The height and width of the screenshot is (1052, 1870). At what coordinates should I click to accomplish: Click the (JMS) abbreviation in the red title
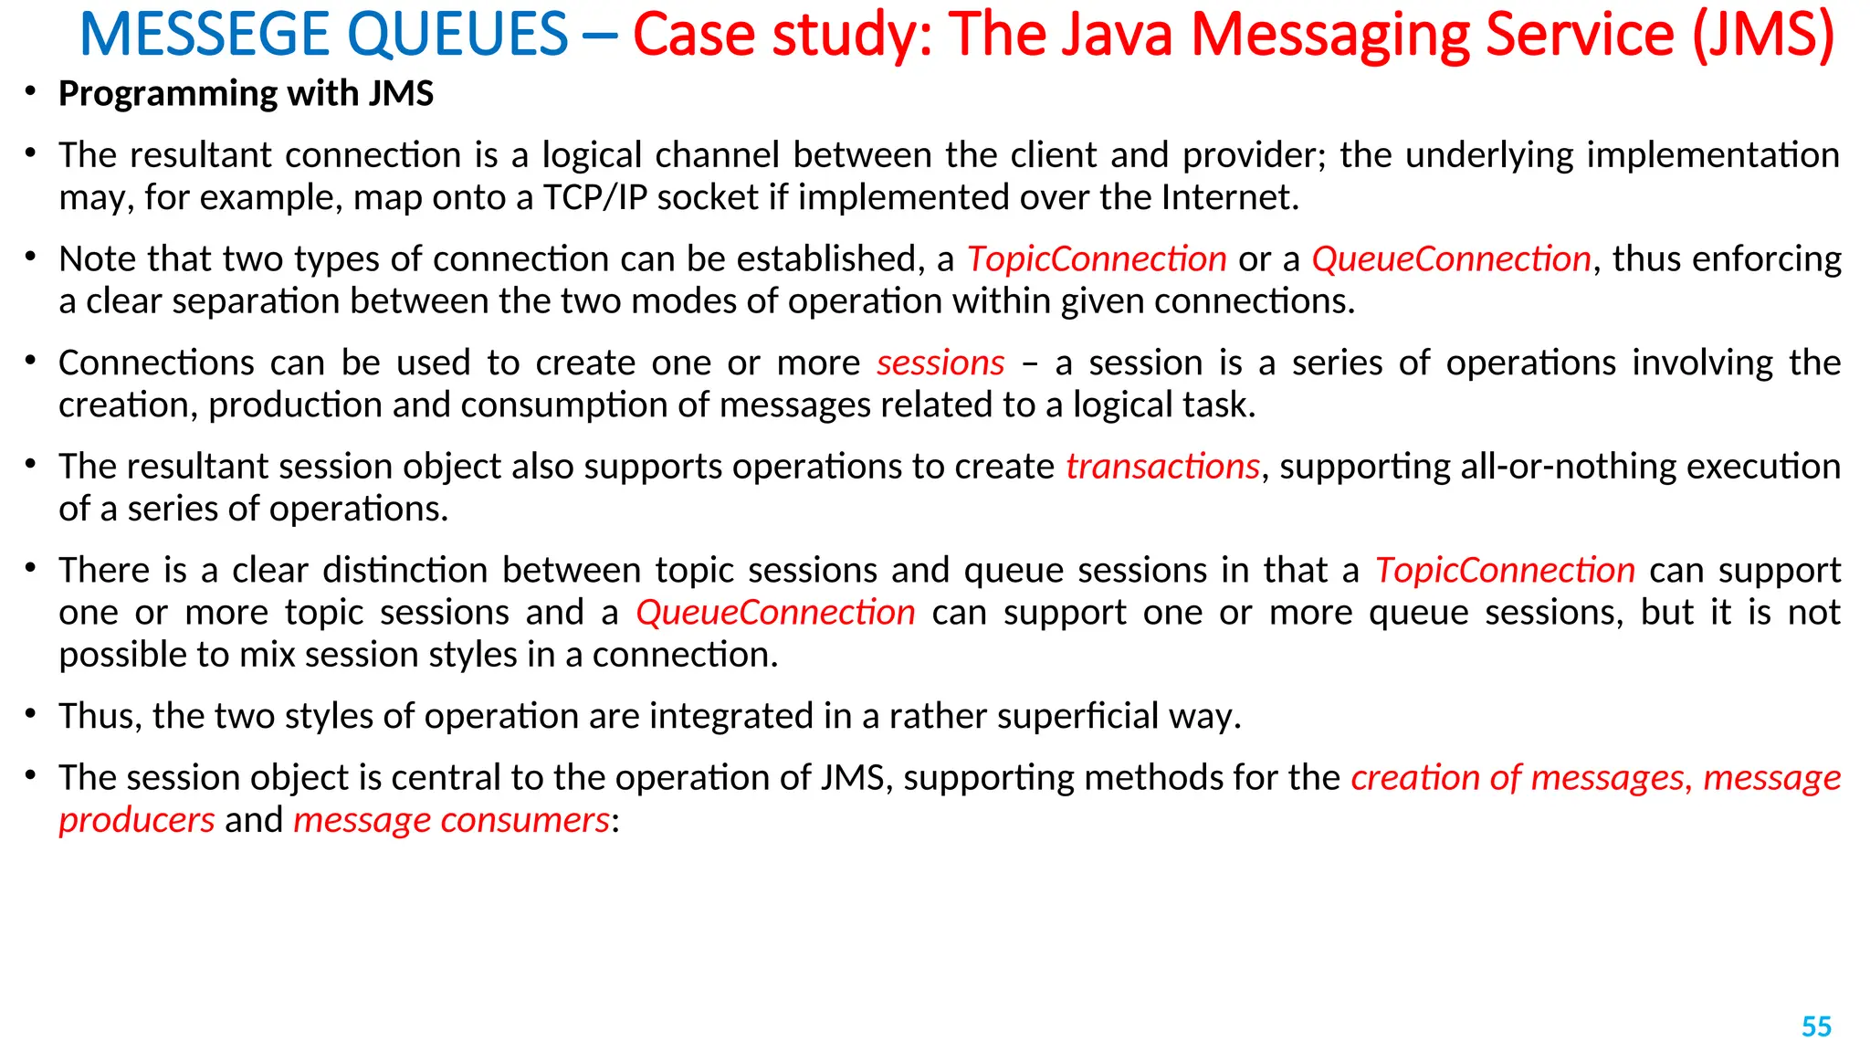tap(1762, 35)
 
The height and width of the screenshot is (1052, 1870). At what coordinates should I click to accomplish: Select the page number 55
tap(1816, 1026)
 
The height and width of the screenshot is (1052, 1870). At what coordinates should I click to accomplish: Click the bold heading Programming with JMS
tap(246, 93)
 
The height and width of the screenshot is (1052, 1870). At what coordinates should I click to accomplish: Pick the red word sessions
tap(940, 363)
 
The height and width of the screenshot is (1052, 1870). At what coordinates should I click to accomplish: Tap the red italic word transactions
tap(1162, 467)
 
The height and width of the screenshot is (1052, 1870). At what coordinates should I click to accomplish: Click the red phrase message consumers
tap(451, 820)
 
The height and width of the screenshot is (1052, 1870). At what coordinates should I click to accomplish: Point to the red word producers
tap(137, 820)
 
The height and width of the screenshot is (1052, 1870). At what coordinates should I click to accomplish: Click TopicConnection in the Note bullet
tap(1097, 259)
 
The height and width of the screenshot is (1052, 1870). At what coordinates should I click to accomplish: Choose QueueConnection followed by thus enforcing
tap(1451, 259)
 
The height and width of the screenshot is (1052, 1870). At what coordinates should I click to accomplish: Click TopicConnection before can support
tap(1505, 571)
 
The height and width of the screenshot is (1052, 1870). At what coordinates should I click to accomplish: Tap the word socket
tap(708, 197)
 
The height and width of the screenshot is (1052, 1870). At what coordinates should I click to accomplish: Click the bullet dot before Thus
tap(30, 713)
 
